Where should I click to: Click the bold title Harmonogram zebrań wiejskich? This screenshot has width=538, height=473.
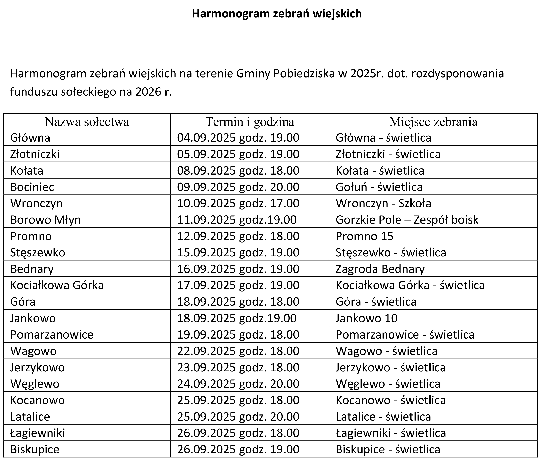coord(277,14)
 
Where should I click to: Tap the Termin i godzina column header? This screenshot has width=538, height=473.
coord(250,122)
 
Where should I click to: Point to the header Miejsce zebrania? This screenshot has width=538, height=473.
coord(433,122)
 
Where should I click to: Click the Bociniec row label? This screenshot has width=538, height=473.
coord(32,187)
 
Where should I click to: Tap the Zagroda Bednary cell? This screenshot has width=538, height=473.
coord(380,269)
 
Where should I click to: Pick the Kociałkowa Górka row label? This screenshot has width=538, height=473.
coord(57,285)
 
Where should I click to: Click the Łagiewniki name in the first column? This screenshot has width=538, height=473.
coord(38,433)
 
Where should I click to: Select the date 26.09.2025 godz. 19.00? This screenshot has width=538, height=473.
coord(238,449)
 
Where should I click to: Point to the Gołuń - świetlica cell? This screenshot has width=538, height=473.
coord(379,187)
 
